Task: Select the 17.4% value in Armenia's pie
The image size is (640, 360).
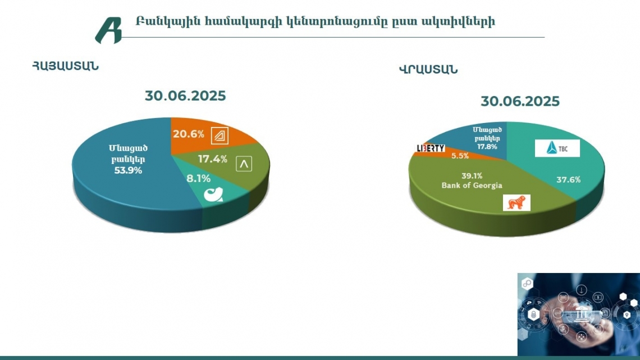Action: pyautogui.click(x=212, y=160)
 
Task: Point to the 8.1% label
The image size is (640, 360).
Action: pyautogui.click(x=198, y=179)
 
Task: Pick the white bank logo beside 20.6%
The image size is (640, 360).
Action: pyautogui.click(x=218, y=135)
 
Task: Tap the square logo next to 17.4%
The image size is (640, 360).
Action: pyautogui.click(x=244, y=163)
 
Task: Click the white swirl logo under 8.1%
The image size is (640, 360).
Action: pyautogui.click(x=214, y=196)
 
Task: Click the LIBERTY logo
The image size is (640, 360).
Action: pyautogui.click(x=431, y=148)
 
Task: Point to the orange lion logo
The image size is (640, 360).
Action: pyautogui.click(x=516, y=203)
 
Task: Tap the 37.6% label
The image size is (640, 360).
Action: pyautogui.click(x=568, y=180)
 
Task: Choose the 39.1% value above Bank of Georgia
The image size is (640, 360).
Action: pyautogui.click(x=472, y=176)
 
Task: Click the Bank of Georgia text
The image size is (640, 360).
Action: pyautogui.click(x=472, y=185)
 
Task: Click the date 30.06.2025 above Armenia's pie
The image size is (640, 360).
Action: pyautogui.click(x=185, y=95)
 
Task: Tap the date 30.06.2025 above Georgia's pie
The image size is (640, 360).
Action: pyautogui.click(x=520, y=101)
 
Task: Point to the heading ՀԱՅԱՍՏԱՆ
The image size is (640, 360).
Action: pyautogui.click(x=65, y=66)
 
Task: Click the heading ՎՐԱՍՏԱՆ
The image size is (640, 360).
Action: pyautogui.click(x=428, y=70)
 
